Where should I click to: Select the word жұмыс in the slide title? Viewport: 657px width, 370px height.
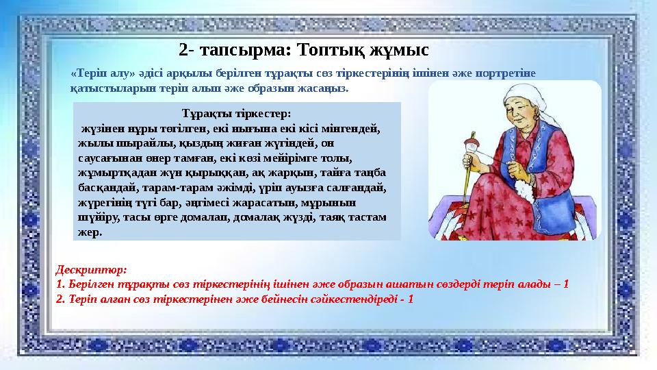tap(398, 50)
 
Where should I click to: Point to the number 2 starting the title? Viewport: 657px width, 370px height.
tap(183, 50)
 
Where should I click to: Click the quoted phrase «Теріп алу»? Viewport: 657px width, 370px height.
tap(97, 73)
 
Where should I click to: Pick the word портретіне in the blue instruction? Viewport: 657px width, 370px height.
tap(511, 73)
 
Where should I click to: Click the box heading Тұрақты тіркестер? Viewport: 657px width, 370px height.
tap(236, 113)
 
